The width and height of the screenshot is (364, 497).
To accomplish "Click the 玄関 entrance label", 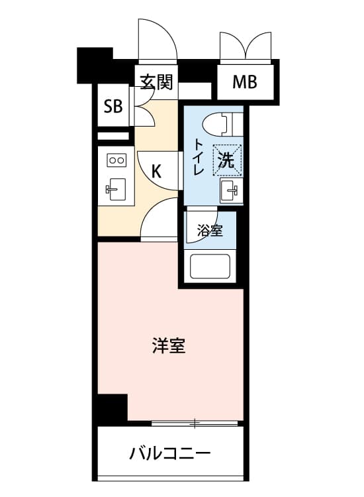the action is (x=157, y=82).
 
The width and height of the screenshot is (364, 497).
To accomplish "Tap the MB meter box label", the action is (x=245, y=82).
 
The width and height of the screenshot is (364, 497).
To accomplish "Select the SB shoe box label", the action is (x=113, y=106).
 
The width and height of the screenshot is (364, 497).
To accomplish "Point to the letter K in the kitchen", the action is (x=156, y=171).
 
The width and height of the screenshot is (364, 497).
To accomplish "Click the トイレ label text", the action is (x=199, y=156).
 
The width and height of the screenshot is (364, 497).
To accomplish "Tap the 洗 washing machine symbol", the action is (x=227, y=160).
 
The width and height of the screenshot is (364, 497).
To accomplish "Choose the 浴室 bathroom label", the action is (x=210, y=231).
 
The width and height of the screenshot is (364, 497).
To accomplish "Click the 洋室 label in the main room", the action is (x=169, y=345).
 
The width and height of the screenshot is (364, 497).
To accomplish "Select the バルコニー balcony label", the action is (x=170, y=453).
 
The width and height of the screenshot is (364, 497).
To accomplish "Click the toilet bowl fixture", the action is (x=216, y=125).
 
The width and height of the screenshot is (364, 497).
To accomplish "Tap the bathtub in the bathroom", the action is (x=210, y=266).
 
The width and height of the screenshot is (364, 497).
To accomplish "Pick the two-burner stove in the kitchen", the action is (x=116, y=160).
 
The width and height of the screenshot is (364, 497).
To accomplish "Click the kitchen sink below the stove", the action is (x=114, y=190).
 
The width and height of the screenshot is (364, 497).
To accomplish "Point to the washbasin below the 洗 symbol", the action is (x=229, y=190).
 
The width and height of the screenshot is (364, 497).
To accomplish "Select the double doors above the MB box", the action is (x=246, y=45).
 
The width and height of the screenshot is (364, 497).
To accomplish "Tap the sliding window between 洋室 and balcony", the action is (x=195, y=423).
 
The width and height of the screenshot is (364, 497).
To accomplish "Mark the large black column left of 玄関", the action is (x=95, y=66).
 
